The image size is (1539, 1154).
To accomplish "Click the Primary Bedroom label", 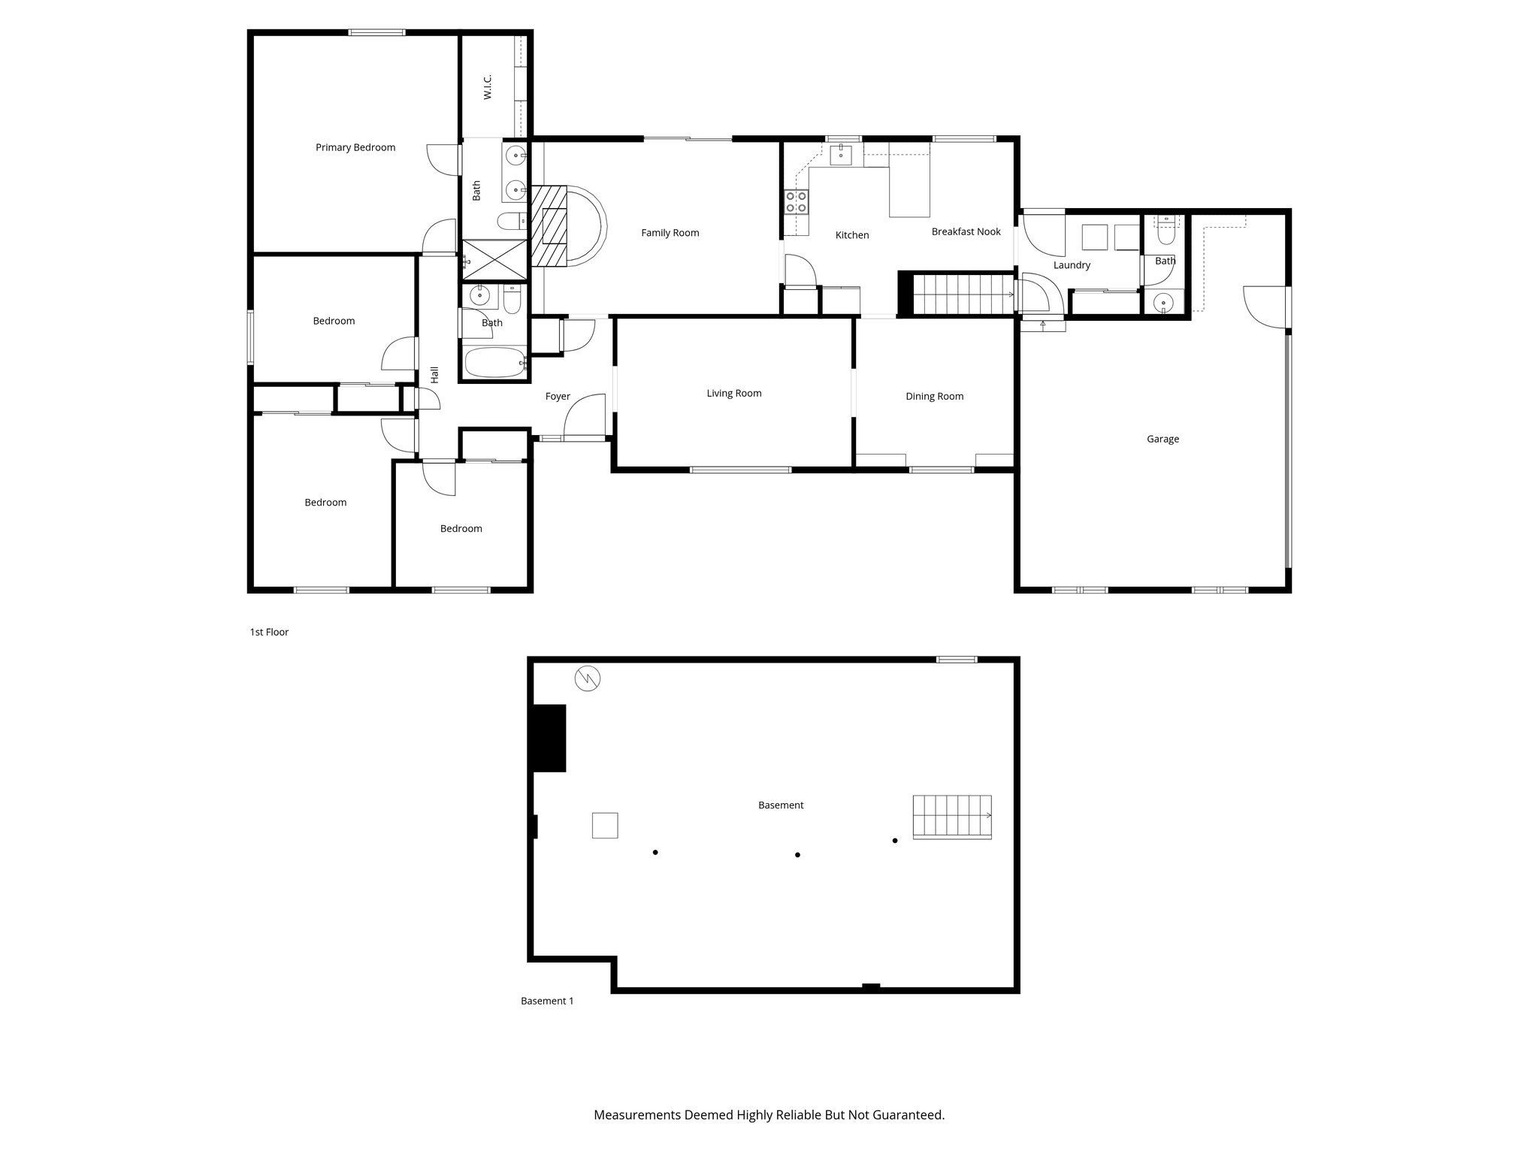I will coord(355,147).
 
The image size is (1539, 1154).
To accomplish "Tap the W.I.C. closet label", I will coord(487,86).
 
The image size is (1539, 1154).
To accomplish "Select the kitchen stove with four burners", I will coord(797,201).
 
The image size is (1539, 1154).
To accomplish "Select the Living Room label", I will coord(733,393).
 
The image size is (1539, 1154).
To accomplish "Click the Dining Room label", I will coord(934,396).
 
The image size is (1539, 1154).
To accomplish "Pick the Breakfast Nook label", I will coord(966,231).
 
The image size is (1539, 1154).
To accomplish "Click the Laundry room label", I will coord(1072,265).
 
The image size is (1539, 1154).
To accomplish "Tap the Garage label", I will coord(1163,439).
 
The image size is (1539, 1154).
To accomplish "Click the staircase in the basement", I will coord(952,817).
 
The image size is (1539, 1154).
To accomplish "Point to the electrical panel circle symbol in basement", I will coord(588,678).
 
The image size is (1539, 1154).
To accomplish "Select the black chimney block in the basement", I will coord(549,738).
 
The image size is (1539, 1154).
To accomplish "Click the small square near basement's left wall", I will coord(605,825).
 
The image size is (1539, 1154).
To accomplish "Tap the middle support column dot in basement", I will coord(797,854).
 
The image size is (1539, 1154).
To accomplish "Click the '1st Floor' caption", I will coord(269,632).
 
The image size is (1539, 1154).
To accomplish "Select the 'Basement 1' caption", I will coord(547,1001).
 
